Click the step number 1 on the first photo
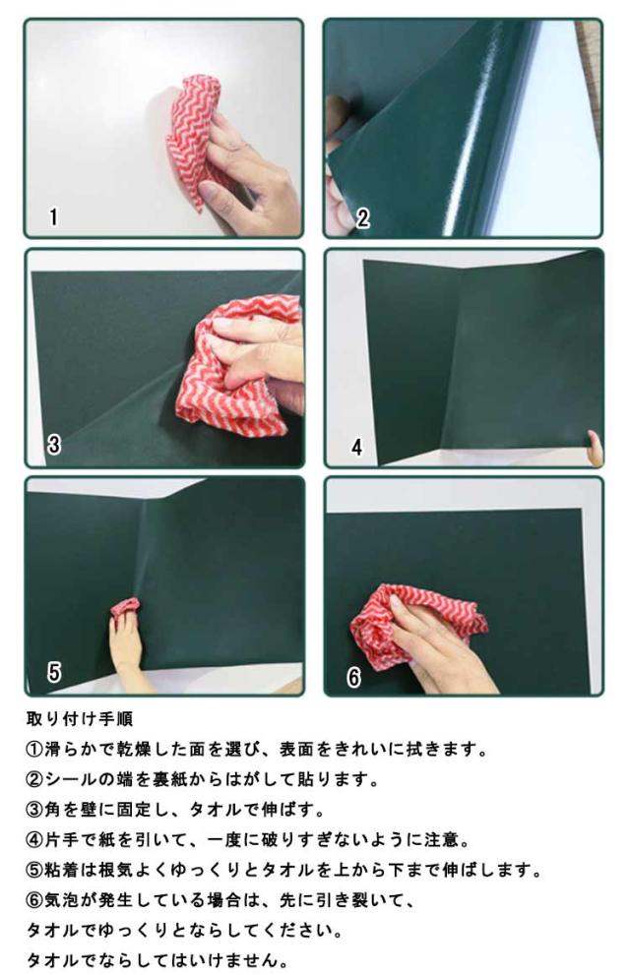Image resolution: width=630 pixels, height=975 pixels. click(x=53, y=217)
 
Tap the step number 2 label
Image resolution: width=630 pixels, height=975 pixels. click(x=362, y=217)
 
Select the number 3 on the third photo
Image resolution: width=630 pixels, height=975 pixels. click(x=54, y=445)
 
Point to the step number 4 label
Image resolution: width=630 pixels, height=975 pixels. click(x=356, y=447)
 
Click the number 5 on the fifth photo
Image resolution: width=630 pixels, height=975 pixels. click(x=54, y=672)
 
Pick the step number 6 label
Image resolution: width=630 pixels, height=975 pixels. click(x=353, y=677)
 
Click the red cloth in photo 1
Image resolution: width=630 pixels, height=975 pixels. click(x=192, y=137)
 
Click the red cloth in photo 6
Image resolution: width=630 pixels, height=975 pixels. click(x=410, y=625)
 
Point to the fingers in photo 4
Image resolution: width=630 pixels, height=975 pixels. click(x=596, y=448)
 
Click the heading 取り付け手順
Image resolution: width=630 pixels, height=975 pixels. click(x=80, y=719)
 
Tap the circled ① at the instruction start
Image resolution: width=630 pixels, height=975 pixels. click(x=34, y=750)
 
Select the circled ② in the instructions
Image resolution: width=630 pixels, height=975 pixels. click(x=34, y=780)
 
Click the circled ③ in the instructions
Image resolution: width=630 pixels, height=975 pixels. click(x=34, y=810)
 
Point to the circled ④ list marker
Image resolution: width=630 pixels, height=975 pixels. click(x=34, y=840)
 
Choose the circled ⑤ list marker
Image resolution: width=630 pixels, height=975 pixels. click(x=34, y=870)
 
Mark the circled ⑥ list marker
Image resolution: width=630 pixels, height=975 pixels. click(x=34, y=900)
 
